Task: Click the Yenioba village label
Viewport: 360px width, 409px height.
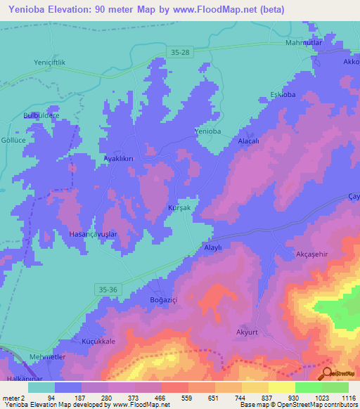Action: (x=207, y=131)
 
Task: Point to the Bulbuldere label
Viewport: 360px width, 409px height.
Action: (x=42, y=115)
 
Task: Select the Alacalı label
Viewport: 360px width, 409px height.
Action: (x=249, y=141)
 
